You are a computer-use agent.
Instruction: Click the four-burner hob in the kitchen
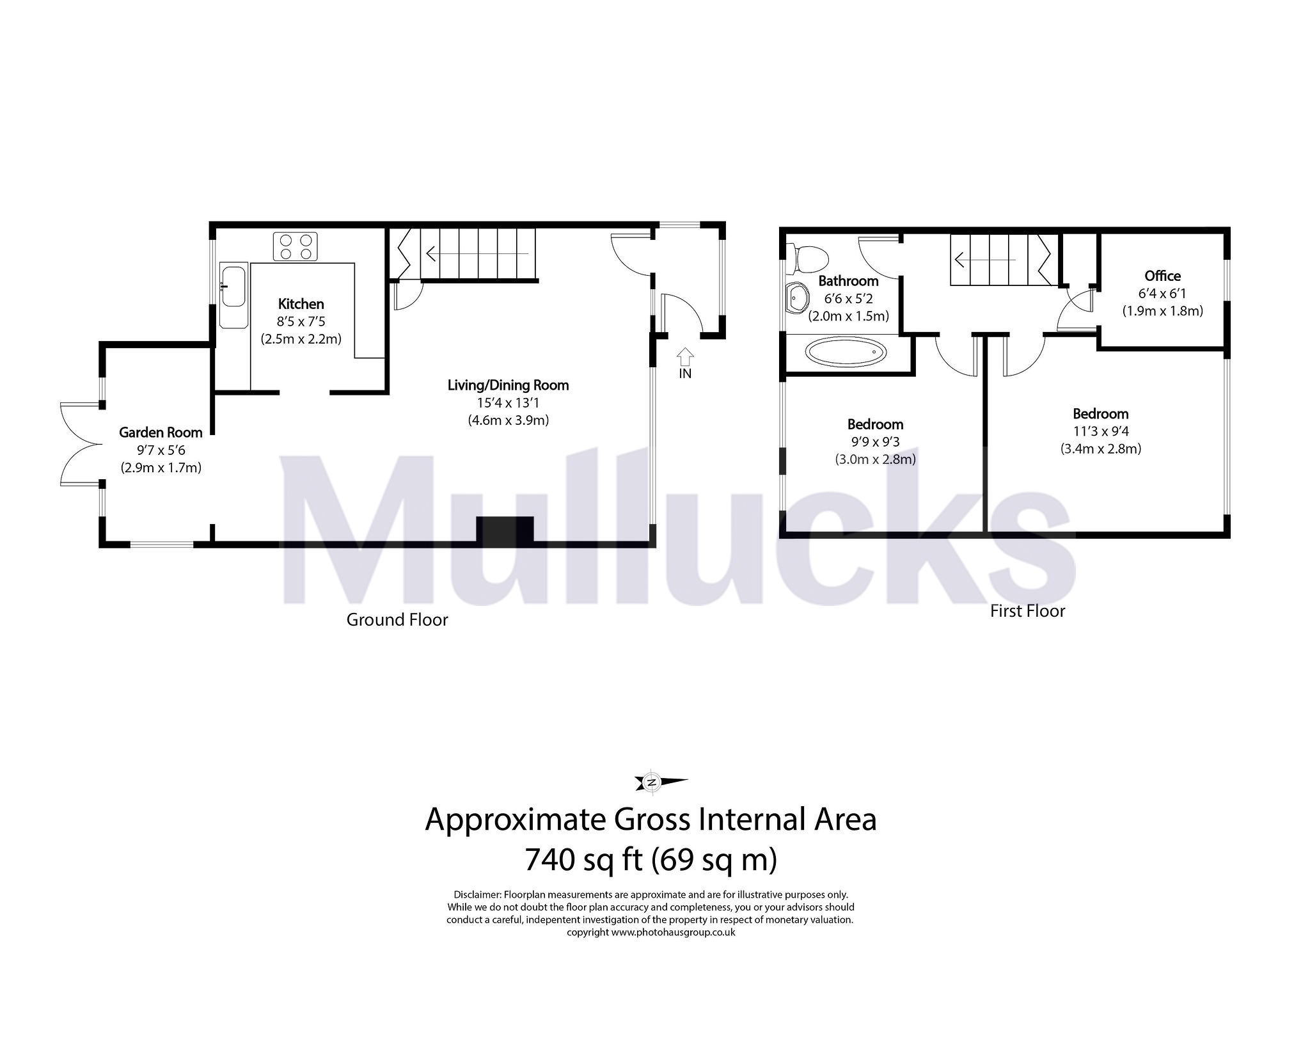(296, 247)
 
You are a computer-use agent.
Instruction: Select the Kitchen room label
(301, 304)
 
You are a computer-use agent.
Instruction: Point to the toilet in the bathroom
(809, 259)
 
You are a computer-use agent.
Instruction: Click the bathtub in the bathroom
(846, 353)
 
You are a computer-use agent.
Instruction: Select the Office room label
(1162, 276)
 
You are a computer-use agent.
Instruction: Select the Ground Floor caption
(397, 619)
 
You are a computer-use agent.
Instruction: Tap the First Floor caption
(1027, 611)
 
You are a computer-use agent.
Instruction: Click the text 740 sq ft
(583, 859)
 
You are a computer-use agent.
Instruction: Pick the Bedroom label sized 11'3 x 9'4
(1100, 413)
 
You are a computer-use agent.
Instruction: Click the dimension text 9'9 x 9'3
(874, 442)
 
